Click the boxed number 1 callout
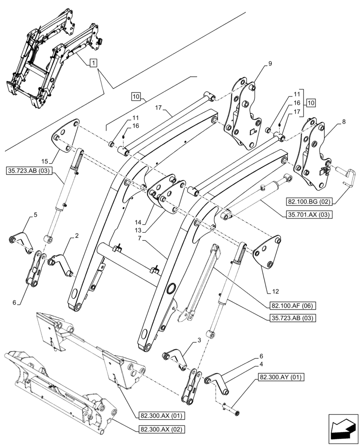(x=93, y=63)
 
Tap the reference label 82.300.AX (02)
(x=155, y=429)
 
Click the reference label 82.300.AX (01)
(x=155, y=416)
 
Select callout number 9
(x=269, y=64)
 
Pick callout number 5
(x=35, y=215)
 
